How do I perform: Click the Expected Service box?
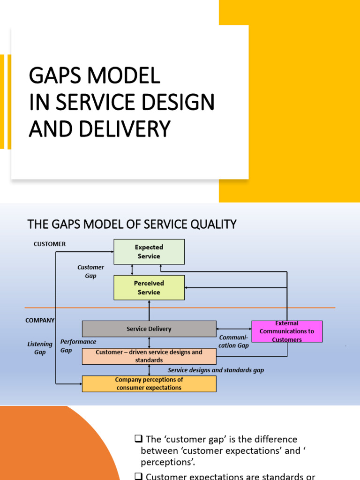(149, 252)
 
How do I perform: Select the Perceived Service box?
(149, 287)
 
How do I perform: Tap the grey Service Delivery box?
(149, 329)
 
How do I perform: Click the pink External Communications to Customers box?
(287, 331)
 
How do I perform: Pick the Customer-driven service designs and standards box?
(149, 356)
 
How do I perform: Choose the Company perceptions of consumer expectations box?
(149, 383)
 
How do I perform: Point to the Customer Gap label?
(90, 271)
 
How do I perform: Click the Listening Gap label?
(40, 348)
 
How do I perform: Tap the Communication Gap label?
(234, 341)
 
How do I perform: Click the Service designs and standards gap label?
(216, 370)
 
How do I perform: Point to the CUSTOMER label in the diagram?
(50, 244)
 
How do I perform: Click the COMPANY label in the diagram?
(40, 321)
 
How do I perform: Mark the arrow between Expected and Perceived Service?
(132, 270)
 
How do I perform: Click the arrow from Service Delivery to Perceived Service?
(149, 310)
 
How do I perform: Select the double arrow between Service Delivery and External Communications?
(234, 329)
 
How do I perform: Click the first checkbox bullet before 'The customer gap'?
(138, 439)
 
